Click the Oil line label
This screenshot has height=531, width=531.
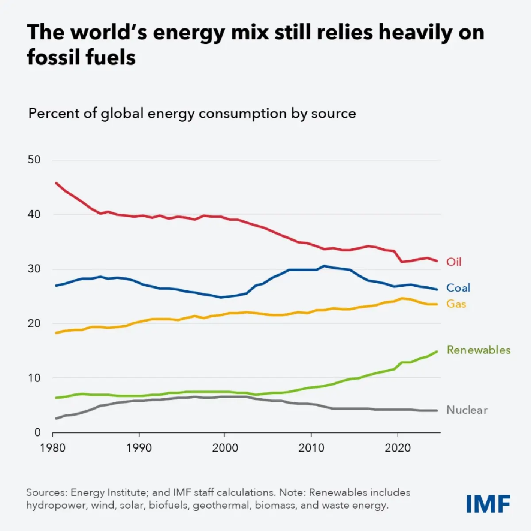454,262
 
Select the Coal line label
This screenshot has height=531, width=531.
458,288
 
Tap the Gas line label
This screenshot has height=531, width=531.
456,304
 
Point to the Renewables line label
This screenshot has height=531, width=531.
478,350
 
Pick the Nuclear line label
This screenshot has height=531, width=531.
467,410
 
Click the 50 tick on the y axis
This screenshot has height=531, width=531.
34,160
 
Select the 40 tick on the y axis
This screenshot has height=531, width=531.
34,215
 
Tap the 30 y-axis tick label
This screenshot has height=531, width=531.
34,269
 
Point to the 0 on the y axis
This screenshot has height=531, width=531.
38,432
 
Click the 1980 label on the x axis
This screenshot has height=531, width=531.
53,448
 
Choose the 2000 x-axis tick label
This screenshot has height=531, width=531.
225,448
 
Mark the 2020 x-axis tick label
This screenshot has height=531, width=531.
397,448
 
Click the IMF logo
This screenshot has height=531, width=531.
488,504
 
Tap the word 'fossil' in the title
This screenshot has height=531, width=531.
53,57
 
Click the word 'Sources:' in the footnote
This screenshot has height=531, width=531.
46,493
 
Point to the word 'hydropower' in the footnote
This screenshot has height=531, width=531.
57,505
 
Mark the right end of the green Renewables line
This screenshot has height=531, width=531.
437,352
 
